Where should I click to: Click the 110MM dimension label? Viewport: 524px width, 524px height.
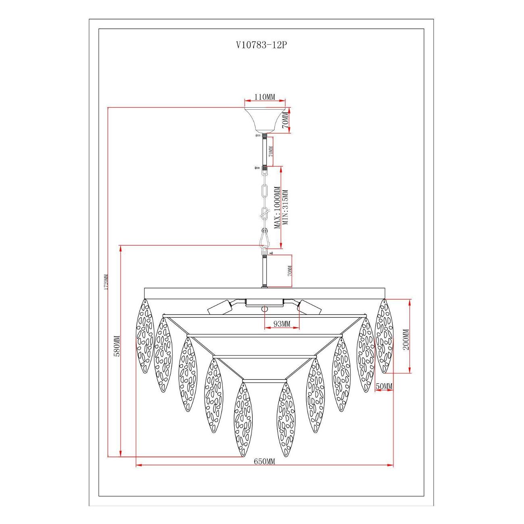[x=265, y=97]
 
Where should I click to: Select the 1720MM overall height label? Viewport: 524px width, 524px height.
[x=106, y=282]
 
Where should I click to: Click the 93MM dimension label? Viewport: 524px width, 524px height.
[x=282, y=324]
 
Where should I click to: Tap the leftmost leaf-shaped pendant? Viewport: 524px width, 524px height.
[x=145, y=336]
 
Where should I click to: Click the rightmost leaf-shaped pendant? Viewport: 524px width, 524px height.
[x=384, y=336]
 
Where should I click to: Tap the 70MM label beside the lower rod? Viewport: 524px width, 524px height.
[x=290, y=271]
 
